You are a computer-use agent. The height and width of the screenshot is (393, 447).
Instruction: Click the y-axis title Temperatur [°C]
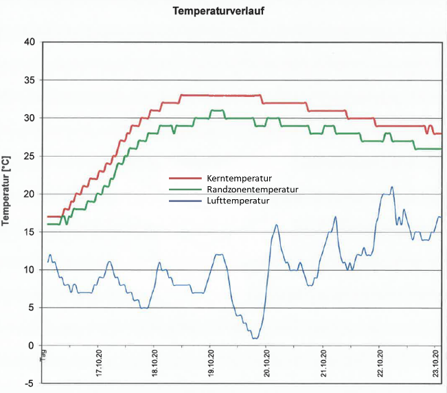pos(6,190)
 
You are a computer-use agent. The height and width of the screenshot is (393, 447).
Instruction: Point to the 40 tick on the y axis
pos(29,42)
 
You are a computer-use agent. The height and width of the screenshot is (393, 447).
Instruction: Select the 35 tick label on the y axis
pos(29,80)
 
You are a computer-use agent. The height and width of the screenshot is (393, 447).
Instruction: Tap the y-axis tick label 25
pos(29,156)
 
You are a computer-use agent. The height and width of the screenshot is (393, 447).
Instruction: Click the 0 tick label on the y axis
pos(32,346)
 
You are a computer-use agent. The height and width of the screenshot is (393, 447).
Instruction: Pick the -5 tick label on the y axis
pos(30,383)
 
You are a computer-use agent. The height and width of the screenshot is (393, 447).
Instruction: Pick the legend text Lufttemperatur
pos(235,201)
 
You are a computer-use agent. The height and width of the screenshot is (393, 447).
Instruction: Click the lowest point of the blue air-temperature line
pos(255,338)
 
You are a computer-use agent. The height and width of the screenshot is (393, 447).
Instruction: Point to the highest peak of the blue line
pos(391,186)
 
